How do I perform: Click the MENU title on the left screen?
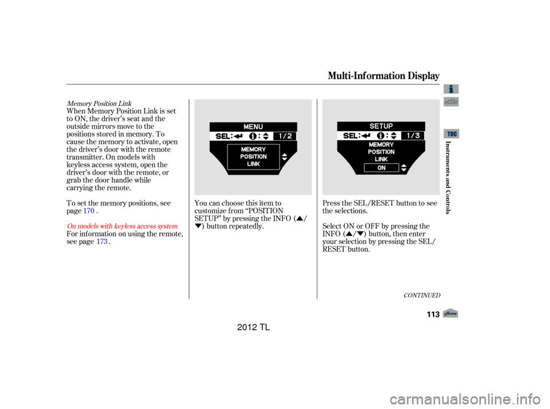click(253, 127)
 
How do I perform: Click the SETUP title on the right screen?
click(381, 126)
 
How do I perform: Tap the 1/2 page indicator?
click(285, 136)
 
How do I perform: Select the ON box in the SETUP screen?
click(381, 168)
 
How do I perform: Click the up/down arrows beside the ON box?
click(403, 168)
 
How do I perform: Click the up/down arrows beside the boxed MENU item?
click(284, 157)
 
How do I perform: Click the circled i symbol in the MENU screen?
click(252, 136)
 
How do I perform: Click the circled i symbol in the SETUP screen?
click(379, 136)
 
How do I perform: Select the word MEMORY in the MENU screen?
click(253, 150)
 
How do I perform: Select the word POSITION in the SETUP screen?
click(381, 152)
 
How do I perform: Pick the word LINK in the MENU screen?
click(253, 164)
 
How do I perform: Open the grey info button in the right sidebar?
click(451, 89)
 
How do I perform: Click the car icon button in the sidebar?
click(451, 102)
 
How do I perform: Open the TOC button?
click(451, 133)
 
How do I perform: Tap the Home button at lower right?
click(451, 313)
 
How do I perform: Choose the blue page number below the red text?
click(102, 242)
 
